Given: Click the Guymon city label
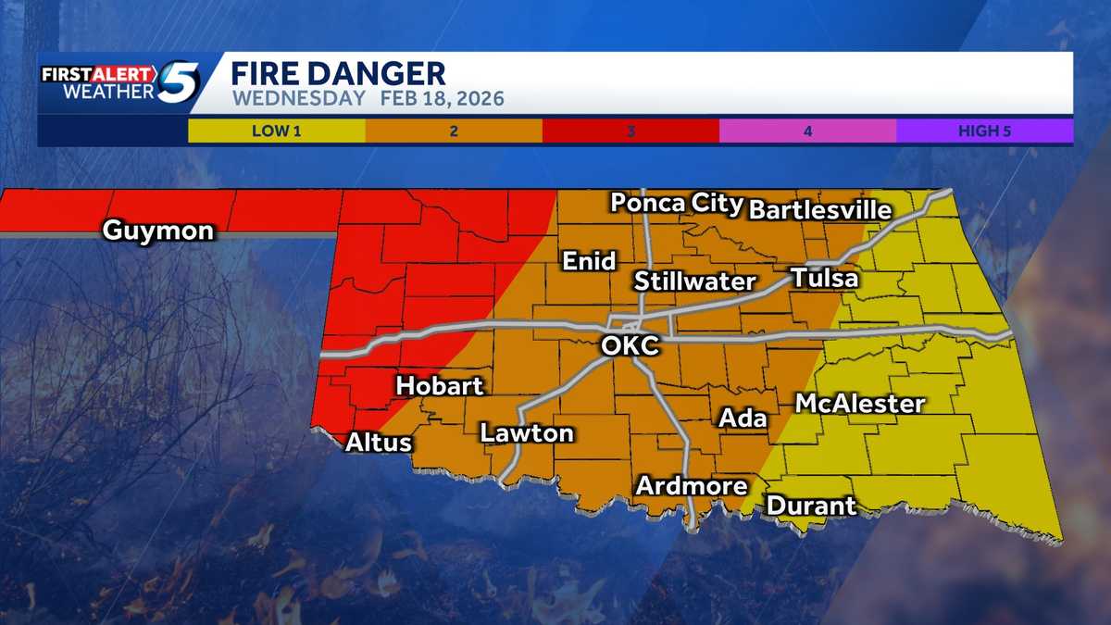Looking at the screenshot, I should click(157, 231).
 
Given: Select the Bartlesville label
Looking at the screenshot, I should click(819, 209).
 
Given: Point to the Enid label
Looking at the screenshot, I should click(590, 261).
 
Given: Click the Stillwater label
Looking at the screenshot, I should click(695, 281).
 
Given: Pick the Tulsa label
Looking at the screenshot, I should click(824, 278).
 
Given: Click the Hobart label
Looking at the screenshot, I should click(440, 385).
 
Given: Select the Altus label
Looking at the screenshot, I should click(378, 443).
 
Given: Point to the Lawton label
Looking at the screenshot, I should click(526, 432).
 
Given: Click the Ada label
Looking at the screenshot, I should click(743, 418).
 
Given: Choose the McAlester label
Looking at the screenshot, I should click(860, 404).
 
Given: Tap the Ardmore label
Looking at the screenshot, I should click(691, 485).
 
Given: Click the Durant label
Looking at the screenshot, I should click(811, 506).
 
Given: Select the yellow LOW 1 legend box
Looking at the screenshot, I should click(276, 131).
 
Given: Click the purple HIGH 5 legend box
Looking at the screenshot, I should click(984, 131).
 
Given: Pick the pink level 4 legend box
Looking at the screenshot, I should click(807, 131).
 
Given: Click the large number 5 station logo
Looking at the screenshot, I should click(176, 81).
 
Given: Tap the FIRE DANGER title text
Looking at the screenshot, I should click(338, 73).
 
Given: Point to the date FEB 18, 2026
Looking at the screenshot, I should click(441, 98).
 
